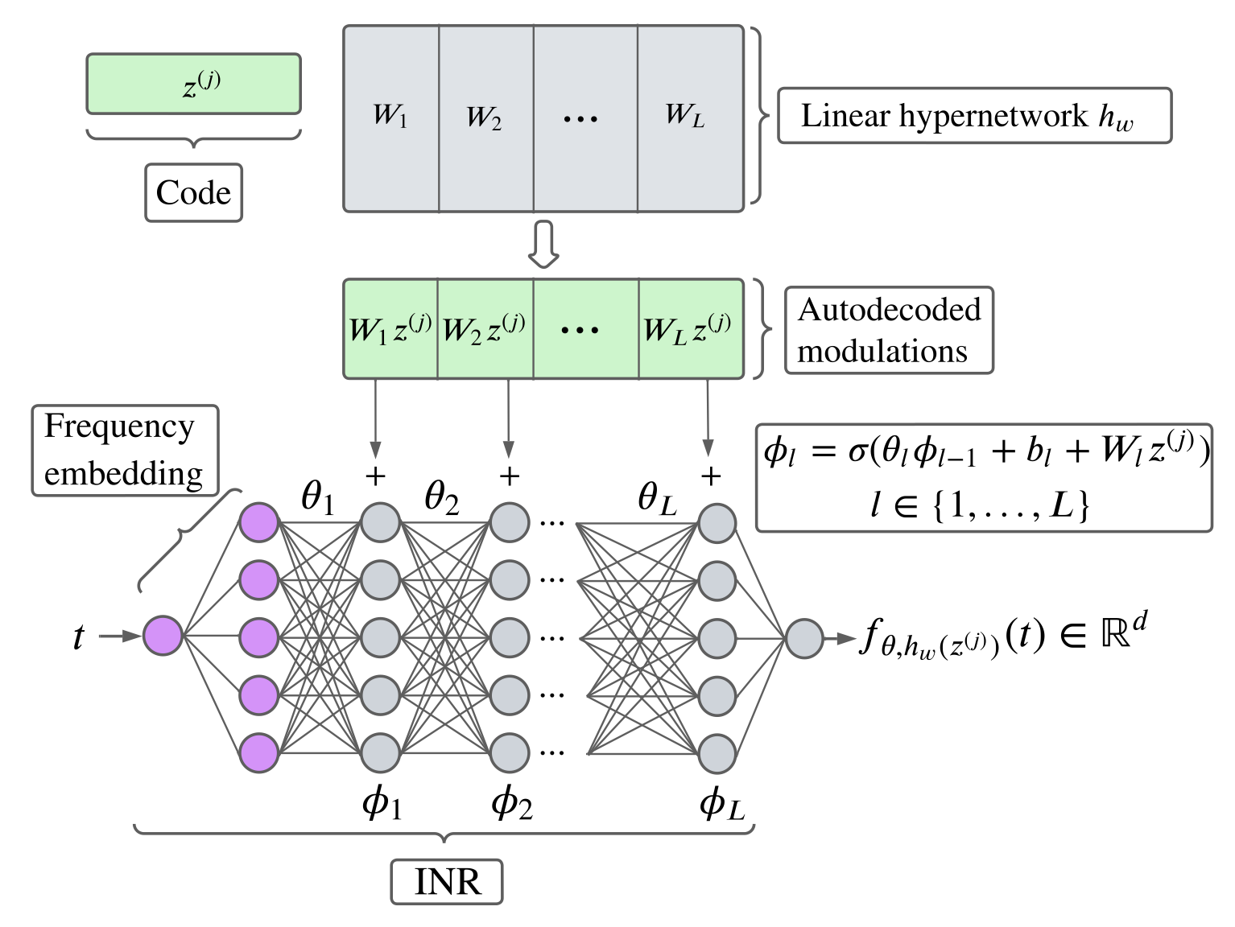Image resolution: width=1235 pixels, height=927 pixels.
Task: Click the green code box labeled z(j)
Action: tap(193, 84)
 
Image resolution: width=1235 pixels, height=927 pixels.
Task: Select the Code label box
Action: tap(193, 193)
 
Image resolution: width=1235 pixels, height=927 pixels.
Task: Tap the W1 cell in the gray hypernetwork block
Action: tap(391, 118)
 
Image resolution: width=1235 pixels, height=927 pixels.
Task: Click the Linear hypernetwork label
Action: tap(973, 116)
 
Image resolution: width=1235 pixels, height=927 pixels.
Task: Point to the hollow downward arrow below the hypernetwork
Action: tap(543, 245)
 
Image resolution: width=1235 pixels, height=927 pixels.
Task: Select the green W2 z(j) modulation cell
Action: tap(485, 329)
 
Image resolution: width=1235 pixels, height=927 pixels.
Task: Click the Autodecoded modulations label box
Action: tap(889, 330)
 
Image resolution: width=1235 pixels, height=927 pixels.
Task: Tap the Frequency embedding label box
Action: tap(125, 450)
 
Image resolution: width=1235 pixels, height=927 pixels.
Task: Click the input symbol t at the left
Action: tap(78, 637)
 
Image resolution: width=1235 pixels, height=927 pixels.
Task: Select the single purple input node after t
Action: tap(163, 636)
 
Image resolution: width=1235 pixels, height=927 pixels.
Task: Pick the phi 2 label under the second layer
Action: tap(512, 803)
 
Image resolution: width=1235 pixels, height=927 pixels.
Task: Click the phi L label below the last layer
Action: tap(721, 803)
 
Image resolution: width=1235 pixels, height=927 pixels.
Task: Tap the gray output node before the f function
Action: tap(804, 639)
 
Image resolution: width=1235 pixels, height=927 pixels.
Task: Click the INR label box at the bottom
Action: tap(447, 882)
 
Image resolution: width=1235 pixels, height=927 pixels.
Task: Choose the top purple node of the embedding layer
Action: tap(259, 523)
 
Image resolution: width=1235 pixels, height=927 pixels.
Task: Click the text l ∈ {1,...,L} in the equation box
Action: tap(981, 506)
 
